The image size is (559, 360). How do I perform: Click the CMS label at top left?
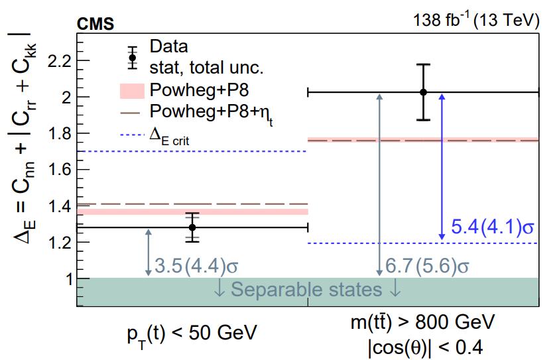(96, 25)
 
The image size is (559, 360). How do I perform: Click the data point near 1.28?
(192, 227)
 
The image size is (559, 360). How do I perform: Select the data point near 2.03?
(423, 92)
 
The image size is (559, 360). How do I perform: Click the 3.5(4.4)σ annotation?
(196, 267)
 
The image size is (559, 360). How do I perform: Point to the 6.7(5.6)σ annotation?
(428, 267)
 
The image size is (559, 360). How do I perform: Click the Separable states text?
(308, 290)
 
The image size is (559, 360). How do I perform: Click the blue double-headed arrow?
(442, 166)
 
